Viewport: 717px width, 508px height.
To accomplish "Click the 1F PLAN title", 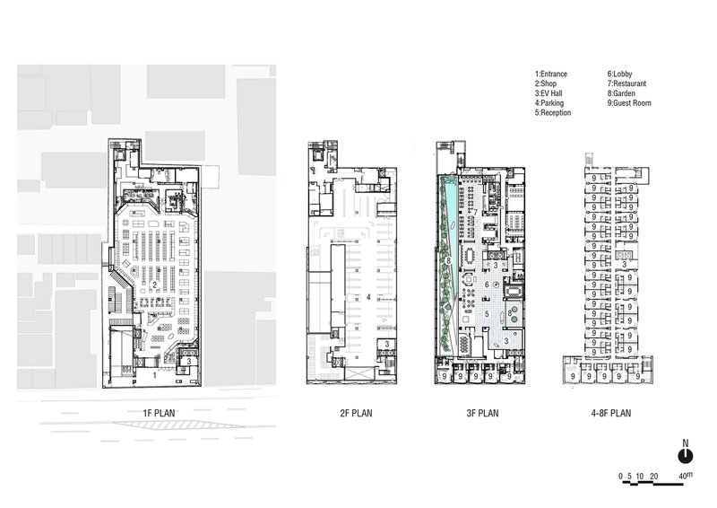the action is click(x=160, y=413).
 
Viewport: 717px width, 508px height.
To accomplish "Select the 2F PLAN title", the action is click(x=356, y=413).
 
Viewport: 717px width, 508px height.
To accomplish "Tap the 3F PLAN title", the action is click(x=482, y=413).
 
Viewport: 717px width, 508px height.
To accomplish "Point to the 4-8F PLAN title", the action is click(x=611, y=413).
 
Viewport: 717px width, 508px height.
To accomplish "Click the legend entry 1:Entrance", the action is click(x=551, y=74).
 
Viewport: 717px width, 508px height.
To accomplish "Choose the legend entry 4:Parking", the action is click(x=549, y=103).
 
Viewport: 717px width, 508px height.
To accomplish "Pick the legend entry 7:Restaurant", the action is click(x=626, y=83).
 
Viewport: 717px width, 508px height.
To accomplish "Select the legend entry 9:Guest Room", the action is click(x=629, y=103).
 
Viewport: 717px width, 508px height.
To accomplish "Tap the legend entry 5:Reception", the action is click(x=553, y=113).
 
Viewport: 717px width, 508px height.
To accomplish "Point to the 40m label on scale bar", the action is click(x=686, y=476).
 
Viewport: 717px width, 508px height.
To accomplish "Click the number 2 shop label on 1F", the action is click(x=154, y=285).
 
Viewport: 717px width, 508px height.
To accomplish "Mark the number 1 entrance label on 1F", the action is click(x=154, y=376).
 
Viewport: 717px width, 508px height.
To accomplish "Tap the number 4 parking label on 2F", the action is click(x=368, y=297).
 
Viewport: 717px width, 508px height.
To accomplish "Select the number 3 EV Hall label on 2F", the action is click(x=387, y=344).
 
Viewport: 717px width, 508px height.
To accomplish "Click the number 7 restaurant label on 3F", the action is click(x=476, y=213).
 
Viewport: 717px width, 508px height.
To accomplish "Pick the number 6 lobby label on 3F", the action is click(x=487, y=285).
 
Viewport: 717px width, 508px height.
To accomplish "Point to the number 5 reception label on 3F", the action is click(x=487, y=314).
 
